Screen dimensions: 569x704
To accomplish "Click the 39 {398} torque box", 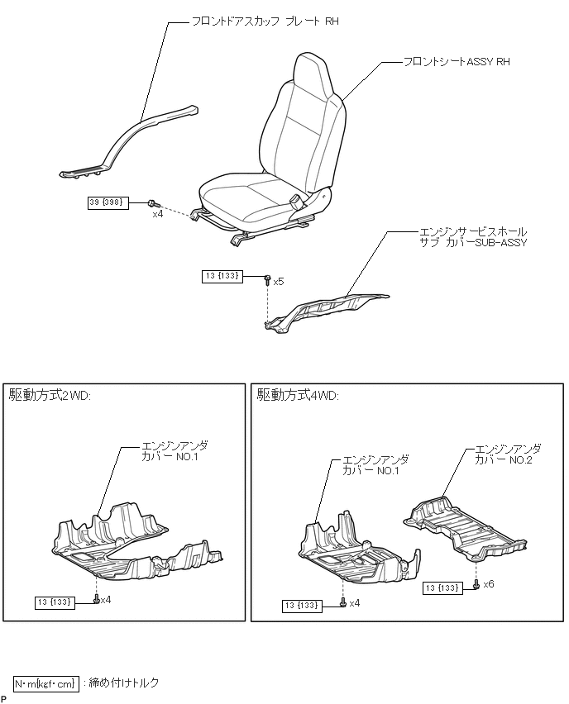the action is (x=108, y=202).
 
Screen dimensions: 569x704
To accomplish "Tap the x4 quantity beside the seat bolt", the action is (x=157, y=214).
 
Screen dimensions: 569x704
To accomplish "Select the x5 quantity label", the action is (x=279, y=282).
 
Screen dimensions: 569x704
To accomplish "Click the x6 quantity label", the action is (x=489, y=584).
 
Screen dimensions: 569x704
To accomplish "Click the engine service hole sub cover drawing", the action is (x=331, y=311).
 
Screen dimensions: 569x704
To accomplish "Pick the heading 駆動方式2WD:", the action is (x=50, y=396).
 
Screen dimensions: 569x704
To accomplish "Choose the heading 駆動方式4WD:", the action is (x=298, y=396).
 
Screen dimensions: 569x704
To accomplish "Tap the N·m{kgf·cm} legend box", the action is (x=46, y=683).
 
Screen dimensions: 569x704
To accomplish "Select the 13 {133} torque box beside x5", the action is (x=222, y=277).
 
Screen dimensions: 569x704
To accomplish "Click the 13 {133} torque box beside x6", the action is (x=442, y=587).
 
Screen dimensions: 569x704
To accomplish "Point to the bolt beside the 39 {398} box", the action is (x=153, y=203).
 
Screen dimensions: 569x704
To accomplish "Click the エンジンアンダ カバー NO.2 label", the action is (x=508, y=454).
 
